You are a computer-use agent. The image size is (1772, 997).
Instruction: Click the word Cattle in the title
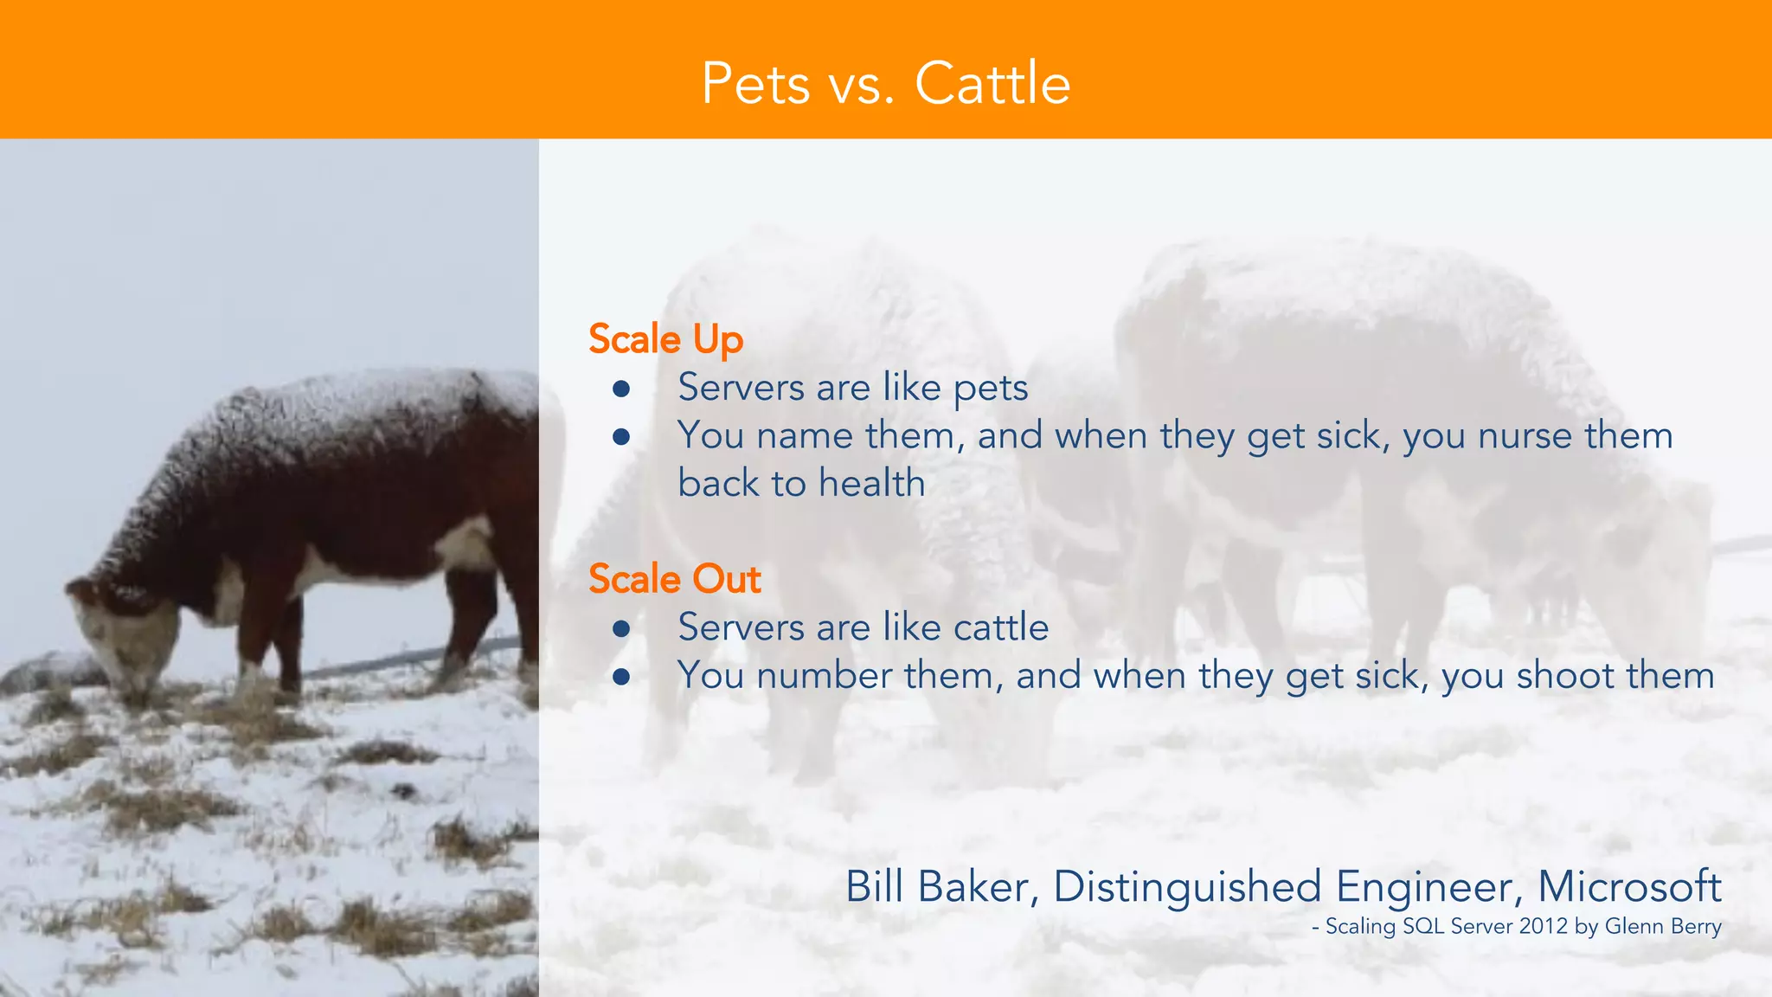click(x=992, y=84)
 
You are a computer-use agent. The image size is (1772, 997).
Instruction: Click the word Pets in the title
click(x=755, y=84)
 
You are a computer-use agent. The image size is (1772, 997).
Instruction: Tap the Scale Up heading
click(x=665, y=338)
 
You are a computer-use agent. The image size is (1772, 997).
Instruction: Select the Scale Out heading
click(x=674, y=578)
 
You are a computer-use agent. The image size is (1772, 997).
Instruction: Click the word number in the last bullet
click(x=823, y=675)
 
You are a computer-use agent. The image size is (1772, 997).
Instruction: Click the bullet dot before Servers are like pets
click(x=620, y=389)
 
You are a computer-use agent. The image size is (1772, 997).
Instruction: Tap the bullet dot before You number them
click(x=620, y=676)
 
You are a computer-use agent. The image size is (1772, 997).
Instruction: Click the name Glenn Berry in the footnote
click(x=1662, y=926)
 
